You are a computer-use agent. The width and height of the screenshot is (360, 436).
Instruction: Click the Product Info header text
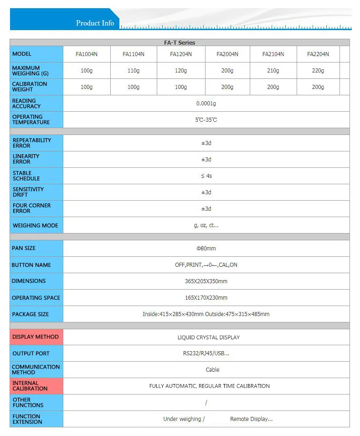[95, 23]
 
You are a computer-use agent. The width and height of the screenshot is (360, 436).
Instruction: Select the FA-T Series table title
[180, 42]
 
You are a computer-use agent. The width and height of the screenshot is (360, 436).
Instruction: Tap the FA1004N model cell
[87, 54]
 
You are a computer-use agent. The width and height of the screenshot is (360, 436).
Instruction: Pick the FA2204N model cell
[318, 54]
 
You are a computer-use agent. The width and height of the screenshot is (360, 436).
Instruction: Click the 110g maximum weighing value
[134, 71]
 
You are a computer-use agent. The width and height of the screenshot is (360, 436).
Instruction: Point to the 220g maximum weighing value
[318, 71]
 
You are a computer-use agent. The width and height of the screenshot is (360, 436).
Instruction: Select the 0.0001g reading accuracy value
[206, 104]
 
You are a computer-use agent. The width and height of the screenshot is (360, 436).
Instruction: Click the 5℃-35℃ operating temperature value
[206, 120]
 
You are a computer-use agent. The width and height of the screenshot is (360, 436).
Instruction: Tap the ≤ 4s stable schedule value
[206, 176]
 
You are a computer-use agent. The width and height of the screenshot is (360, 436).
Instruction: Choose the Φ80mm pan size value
[206, 248]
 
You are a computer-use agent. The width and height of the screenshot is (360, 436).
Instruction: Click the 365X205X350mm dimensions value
[206, 281]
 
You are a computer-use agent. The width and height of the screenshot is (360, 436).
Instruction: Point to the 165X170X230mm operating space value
[206, 297]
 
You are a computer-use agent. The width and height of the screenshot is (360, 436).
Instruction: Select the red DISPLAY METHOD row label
[36, 337]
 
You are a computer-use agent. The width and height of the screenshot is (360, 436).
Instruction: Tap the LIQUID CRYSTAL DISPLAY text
[208, 337]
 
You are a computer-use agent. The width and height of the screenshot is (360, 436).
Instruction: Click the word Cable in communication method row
[212, 369]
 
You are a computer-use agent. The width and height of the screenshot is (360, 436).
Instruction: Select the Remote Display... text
[251, 419]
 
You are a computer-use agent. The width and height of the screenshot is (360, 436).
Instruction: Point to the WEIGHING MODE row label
[36, 225]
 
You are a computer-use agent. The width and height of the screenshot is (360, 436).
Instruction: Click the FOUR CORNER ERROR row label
[32, 208]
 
